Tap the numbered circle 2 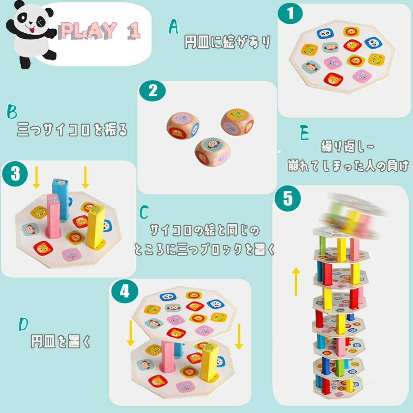[x=152, y=91]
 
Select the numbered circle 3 [x=15, y=174]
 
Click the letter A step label [x=174, y=27]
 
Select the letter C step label [x=144, y=212]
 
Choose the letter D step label [x=23, y=324]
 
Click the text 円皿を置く [x=61, y=341]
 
